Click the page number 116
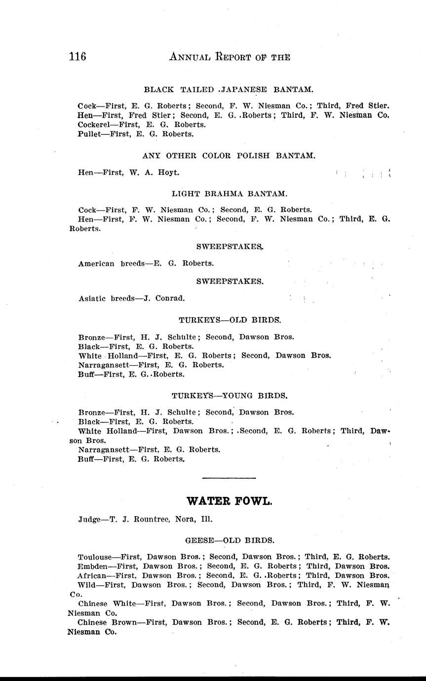(x=77, y=57)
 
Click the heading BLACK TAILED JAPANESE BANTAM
(x=228, y=89)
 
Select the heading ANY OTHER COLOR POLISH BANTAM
(x=229, y=155)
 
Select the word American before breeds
(x=97, y=263)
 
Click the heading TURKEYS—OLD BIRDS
(x=230, y=320)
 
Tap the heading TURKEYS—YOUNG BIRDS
(x=230, y=395)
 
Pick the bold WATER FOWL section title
(x=230, y=501)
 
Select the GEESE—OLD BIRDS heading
(x=230, y=540)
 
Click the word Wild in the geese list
(x=86, y=585)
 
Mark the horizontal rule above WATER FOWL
(x=229, y=478)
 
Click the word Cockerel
(x=95, y=125)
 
